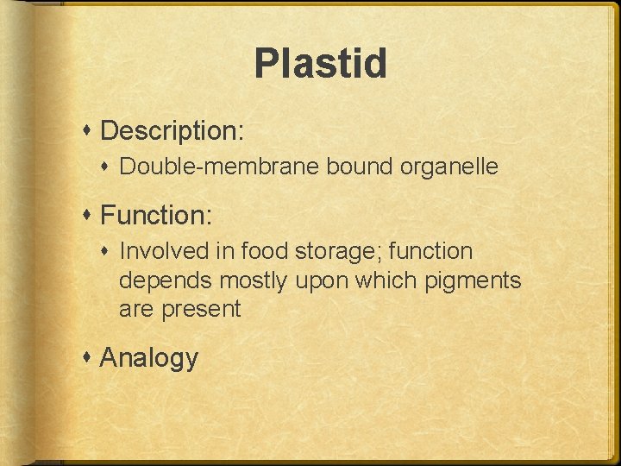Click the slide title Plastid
320,64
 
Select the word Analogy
149,358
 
